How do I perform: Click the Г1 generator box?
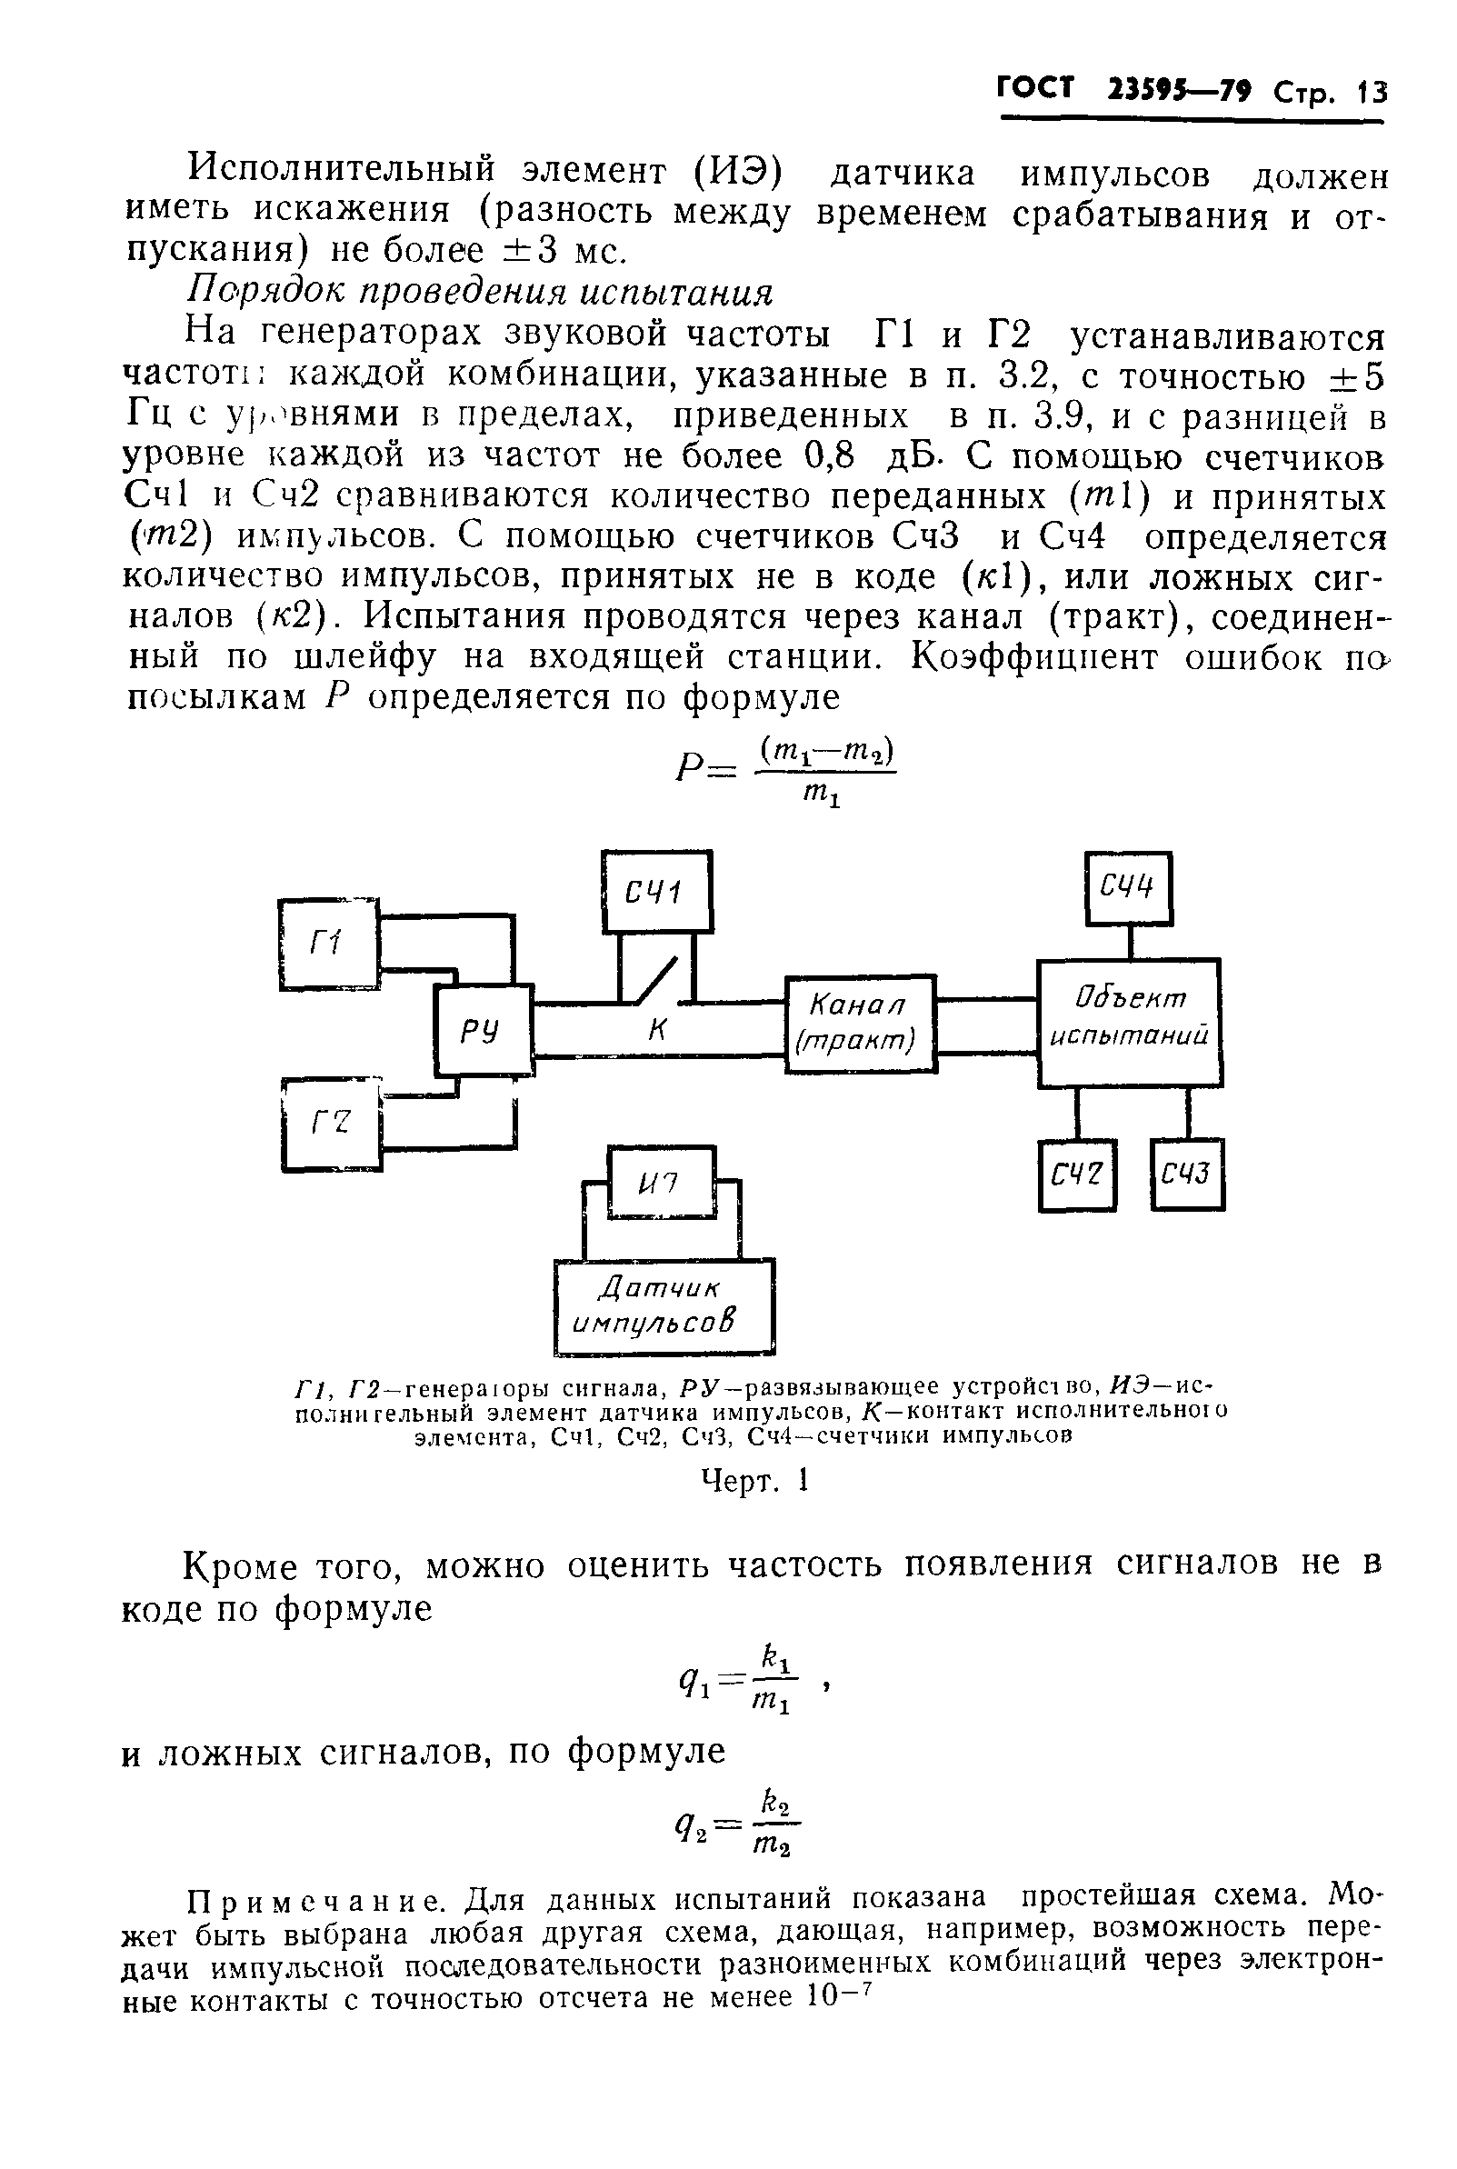point(329,945)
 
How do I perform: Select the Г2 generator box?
point(331,1124)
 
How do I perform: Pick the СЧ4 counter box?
point(1128,887)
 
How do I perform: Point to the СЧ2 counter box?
point(1076,1174)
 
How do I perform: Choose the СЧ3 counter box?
point(1187,1174)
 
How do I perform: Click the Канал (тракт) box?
point(861,1024)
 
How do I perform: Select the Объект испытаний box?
point(1129,1023)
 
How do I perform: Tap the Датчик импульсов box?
point(664,1305)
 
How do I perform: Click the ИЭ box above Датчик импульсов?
point(661,1182)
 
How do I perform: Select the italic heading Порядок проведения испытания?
point(480,292)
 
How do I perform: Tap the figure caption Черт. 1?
point(754,1480)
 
